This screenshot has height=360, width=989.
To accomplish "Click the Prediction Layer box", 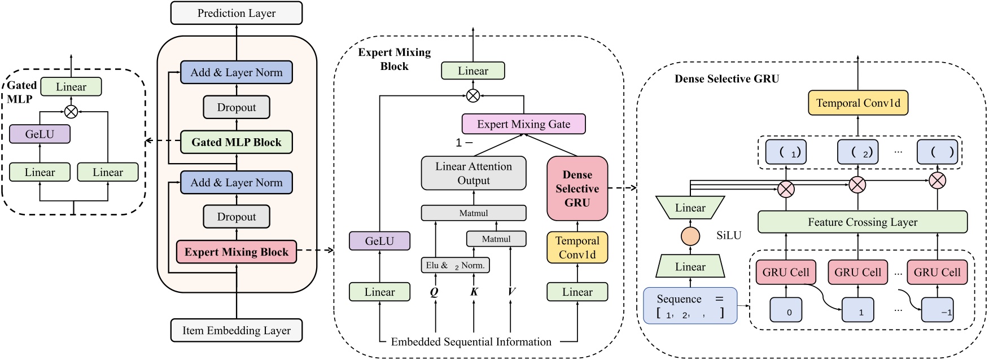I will point(237,13).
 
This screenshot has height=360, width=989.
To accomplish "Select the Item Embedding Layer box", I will point(237,331).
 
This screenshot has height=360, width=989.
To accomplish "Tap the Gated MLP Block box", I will point(237,142).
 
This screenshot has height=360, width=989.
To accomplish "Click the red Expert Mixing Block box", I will point(237,252).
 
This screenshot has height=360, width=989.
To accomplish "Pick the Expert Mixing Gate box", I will point(523,124).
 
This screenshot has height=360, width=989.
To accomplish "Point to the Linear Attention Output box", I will point(474,173).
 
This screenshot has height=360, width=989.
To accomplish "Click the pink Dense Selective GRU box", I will point(577,188).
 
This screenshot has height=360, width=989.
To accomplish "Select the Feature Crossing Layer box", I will point(862,222).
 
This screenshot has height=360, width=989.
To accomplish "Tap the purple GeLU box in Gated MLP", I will point(40,134).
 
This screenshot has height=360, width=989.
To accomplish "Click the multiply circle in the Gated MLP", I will point(71,112).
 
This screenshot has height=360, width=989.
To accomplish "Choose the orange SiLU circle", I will point(690,236).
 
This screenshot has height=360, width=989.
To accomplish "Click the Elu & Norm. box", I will point(455,265).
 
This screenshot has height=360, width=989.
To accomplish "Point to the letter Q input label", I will point(434,292).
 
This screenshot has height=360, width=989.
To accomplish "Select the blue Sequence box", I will point(690,306).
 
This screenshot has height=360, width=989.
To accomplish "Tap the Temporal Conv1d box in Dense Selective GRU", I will point(858,103).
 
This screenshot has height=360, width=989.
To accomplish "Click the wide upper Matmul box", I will point(474,213).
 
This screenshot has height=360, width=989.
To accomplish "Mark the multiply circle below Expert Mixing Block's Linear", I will point(473,96).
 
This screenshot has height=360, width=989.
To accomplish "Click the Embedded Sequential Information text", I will point(471,342).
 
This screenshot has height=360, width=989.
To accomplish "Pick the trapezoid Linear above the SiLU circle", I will point(690,208).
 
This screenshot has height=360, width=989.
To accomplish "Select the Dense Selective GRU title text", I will point(727,79).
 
